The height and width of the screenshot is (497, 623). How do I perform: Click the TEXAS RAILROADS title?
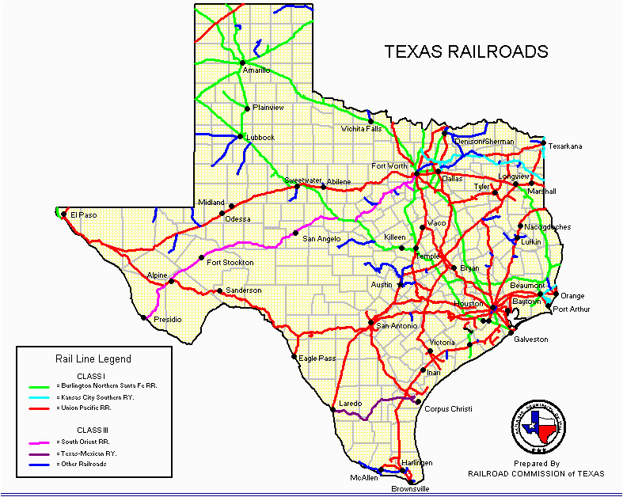(466, 52)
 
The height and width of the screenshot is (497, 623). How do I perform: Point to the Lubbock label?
(260, 137)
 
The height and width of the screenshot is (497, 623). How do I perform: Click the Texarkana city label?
(564, 146)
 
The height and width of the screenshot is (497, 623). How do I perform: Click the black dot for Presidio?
(144, 317)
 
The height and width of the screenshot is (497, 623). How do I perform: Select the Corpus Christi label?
(448, 408)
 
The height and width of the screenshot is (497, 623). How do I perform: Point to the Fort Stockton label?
(230, 262)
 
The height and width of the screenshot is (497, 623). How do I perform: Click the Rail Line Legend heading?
(93, 359)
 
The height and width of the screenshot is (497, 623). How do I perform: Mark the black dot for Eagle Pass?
(294, 358)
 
